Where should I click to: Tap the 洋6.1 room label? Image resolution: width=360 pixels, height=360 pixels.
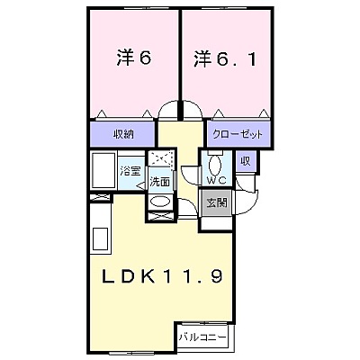point(225,59)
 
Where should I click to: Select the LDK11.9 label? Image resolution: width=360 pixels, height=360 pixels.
point(162,276)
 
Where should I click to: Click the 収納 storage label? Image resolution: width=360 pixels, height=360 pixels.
point(123,134)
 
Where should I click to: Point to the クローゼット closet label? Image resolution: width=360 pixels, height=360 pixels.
point(238,134)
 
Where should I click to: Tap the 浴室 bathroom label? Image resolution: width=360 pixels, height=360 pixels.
point(130,172)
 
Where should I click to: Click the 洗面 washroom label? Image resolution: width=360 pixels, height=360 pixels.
point(160,182)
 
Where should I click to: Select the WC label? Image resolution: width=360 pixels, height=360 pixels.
point(216,180)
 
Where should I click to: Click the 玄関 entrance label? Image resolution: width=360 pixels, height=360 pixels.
point(217,203)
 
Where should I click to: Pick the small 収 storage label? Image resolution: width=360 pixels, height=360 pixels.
point(246,161)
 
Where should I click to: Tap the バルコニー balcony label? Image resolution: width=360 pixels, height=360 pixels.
point(202,337)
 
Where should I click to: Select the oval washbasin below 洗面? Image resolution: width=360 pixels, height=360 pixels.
point(160,201)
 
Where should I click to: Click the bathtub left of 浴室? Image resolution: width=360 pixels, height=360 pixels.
point(103,170)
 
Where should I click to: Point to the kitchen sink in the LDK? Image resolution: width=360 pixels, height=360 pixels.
point(100,238)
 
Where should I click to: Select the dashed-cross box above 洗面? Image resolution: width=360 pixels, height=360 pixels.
point(161,157)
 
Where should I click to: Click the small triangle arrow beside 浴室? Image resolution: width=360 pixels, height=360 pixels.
point(140,185)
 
